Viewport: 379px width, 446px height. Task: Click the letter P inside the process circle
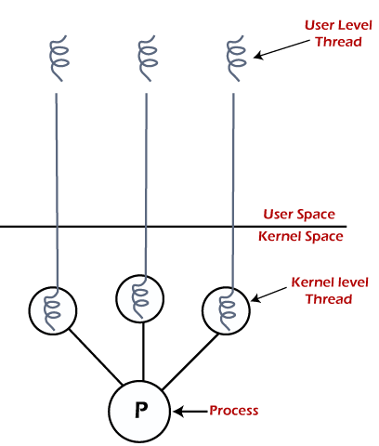coord(141,410)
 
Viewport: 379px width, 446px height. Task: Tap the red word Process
coord(234,411)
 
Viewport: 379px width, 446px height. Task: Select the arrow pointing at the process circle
coord(190,412)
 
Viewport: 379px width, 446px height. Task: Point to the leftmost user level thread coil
coord(59,59)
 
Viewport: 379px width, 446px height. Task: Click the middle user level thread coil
coord(148,59)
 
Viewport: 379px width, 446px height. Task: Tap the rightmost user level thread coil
coord(236,59)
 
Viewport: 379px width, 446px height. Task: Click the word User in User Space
coord(277,215)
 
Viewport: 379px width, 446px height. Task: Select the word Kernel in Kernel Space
coord(278,236)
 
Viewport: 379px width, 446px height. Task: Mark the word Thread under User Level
coord(338,42)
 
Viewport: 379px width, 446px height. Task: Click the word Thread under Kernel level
coord(329,299)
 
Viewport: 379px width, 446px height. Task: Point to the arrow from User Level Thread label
coord(281,49)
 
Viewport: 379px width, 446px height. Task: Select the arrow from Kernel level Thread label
coord(268,295)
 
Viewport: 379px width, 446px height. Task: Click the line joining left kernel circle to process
coord(95,357)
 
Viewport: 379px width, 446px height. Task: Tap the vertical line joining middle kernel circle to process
coord(143,351)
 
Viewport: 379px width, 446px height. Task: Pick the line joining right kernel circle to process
coord(190,361)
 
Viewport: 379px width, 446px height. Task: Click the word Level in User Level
coord(355,25)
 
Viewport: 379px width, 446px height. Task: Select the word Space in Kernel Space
coord(322,237)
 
